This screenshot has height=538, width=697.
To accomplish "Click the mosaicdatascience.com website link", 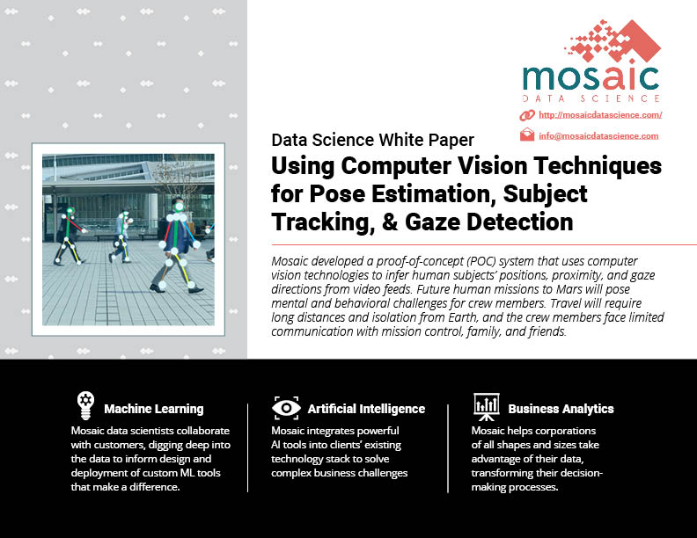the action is click(x=600, y=115).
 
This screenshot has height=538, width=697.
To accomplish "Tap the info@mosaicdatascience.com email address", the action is click(x=598, y=136).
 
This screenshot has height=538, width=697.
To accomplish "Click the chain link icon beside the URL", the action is click(x=527, y=115).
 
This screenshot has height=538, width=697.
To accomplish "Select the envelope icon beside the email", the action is click(x=527, y=134).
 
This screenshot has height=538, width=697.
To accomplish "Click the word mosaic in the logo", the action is click(x=591, y=78).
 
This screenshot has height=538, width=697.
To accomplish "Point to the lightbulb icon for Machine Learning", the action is click(x=85, y=405).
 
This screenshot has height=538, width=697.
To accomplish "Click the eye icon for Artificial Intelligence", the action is click(x=286, y=408).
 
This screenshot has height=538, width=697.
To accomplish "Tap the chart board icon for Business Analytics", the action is click(x=487, y=407).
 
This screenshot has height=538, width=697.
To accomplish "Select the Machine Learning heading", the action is click(x=154, y=409).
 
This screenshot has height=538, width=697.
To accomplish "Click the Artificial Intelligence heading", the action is click(x=366, y=409).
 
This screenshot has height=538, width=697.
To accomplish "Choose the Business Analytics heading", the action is click(x=561, y=409).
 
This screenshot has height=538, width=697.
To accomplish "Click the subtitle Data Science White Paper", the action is click(x=372, y=140).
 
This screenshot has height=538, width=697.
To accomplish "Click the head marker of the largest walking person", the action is click(x=179, y=207).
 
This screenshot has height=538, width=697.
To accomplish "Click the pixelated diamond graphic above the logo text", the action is click(x=613, y=40).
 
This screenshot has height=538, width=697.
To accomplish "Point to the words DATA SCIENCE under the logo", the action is click(x=591, y=98).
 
